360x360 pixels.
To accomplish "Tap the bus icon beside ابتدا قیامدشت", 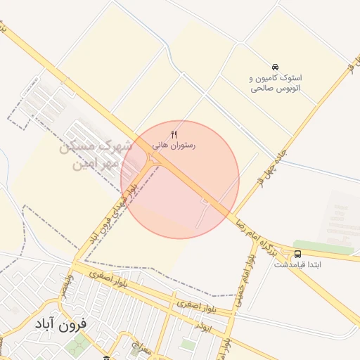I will (x=297, y=253).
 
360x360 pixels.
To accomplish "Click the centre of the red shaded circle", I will (x=180, y=180).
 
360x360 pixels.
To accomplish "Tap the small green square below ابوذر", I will (x=187, y=345).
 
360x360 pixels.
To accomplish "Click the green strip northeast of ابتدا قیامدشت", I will (x=323, y=247).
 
